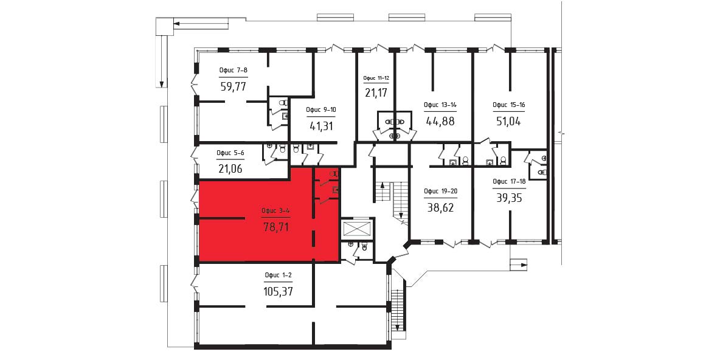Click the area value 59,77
(234, 86)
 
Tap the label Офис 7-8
(234, 71)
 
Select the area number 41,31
(320, 125)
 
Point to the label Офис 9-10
(321, 109)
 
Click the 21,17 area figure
(376, 93)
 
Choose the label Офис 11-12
(376, 78)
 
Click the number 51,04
(509, 121)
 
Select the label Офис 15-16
(509, 105)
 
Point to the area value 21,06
(230, 169)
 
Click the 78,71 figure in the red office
(276, 226)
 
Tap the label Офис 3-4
(275, 211)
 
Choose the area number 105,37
(279, 291)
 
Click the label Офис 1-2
(279, 275)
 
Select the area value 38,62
(440, 207)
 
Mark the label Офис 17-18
(509, 181)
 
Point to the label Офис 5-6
(230, 153)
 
